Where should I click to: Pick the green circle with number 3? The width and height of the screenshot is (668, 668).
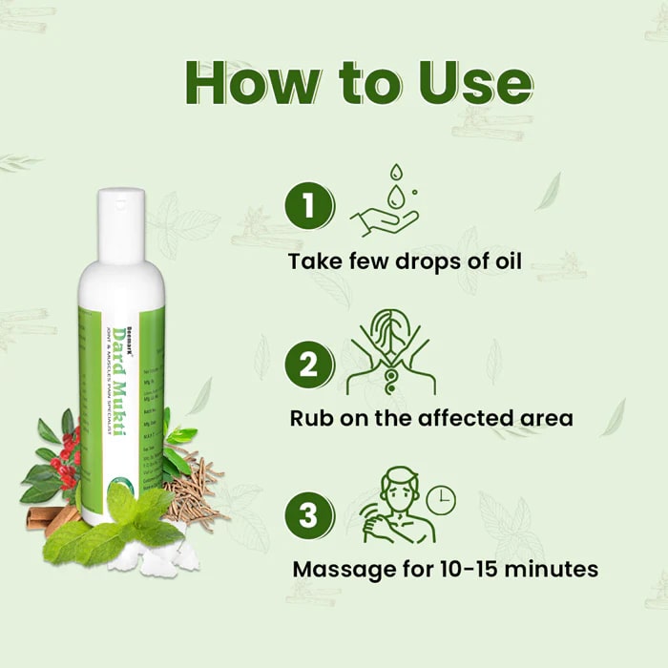click(x=309, y=515)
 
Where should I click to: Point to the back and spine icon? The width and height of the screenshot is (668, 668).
click(x=390, y=353)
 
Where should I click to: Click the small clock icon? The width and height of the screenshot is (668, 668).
click(x=440, y=498)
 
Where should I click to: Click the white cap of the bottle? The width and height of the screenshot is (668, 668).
click(x=120, y=213)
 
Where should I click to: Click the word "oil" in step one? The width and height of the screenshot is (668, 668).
click(x=503, y=261)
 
